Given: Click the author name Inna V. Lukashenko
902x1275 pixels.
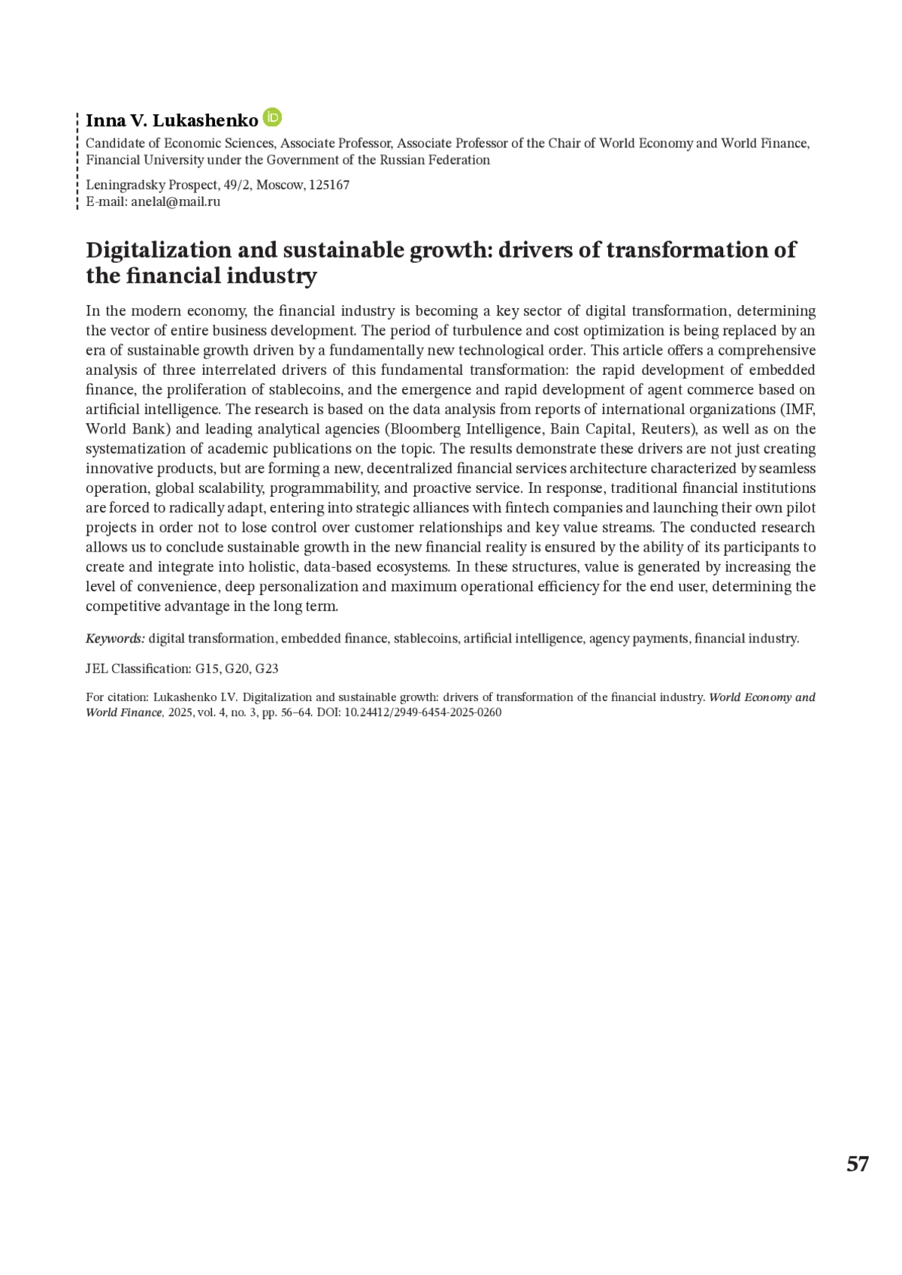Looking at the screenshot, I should pos(171,120).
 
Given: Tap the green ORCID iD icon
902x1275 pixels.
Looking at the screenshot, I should pos(273,118).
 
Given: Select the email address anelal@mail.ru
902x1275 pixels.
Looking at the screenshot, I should pos(175,201).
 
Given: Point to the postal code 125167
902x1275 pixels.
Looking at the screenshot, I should pos(329,185).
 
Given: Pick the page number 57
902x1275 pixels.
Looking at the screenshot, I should pos(857,1164).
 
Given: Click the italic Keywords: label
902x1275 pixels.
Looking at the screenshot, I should pos(115,639).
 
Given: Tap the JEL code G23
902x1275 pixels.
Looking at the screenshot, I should pos(267,669).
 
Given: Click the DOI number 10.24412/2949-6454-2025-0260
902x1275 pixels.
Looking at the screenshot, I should pos(422,712).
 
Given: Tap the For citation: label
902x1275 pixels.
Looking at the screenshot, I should pos(117,697).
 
